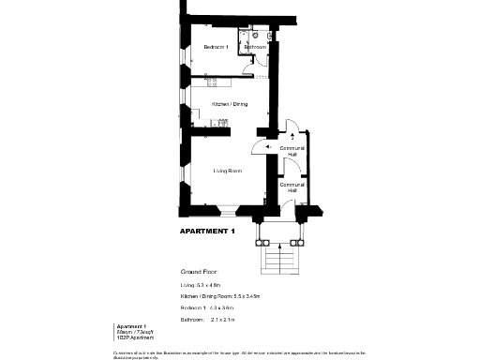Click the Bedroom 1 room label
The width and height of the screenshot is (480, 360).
pos(216,47)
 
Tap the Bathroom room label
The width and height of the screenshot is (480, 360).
pos(256,46)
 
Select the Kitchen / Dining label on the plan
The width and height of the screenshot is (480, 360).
pos(230,104)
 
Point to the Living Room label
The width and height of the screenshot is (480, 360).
pos(228,171)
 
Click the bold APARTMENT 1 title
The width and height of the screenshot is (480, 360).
pos(206,231)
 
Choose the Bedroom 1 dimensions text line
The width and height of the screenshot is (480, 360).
pos(207,307)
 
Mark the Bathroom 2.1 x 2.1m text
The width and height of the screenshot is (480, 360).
pos(207,320)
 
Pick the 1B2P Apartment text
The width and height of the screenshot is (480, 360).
pos(119,336)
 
